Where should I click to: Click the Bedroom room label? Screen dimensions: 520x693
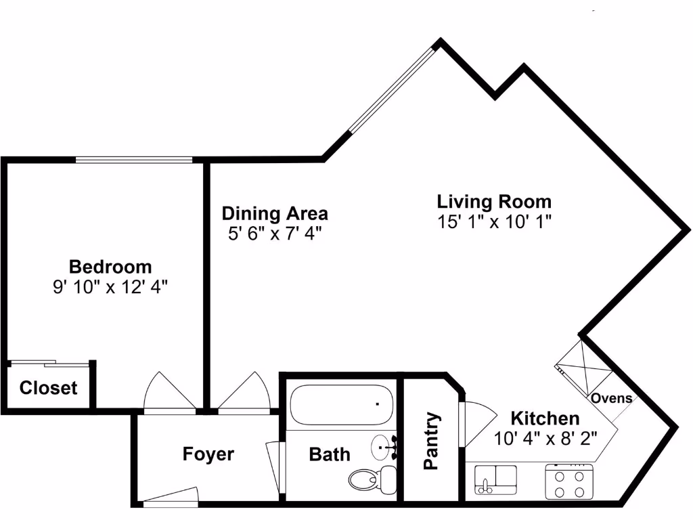point(110,266)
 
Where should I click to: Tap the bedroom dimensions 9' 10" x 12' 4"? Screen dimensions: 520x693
point(110,286)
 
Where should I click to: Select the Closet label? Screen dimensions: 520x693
point(48,389)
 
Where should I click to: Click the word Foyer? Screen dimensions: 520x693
point(208,454)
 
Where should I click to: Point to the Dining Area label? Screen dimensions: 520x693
point(275,214)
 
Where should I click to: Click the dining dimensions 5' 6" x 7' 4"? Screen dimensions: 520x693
point(275,234)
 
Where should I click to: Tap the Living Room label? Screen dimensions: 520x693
point(494,202)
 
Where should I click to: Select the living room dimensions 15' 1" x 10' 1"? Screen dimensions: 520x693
point(494,221)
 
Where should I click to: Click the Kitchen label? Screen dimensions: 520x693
point(545,418)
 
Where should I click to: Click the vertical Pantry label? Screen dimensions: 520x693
point(431,441)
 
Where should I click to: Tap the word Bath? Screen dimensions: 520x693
point(330,454)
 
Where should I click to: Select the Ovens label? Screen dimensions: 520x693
point(612,398)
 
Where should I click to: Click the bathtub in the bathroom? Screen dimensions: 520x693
point(341,405)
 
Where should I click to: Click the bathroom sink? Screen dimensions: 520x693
point(385,448)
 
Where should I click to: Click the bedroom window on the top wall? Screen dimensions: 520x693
point(133,160)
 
